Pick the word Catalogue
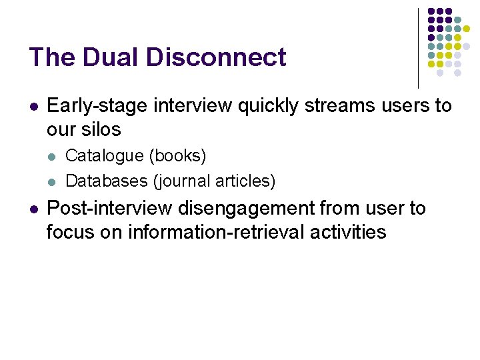coord(105,156)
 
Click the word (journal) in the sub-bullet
coord(181,180)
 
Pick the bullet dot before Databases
coord(53,181)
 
